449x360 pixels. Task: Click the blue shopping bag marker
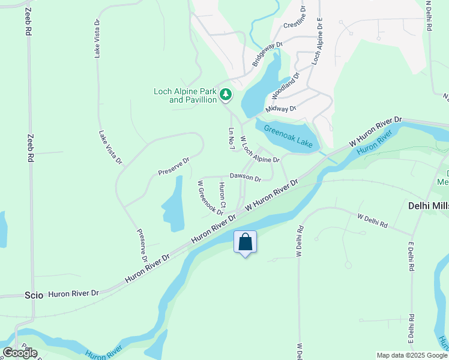coord(245,242)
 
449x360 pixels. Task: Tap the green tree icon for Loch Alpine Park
coord(226,94)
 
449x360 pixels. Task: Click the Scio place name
coord(34,295)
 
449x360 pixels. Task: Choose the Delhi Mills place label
coord(428,205)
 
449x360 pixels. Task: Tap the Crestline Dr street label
coord(295,25)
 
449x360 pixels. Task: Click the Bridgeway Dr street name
coord(267,53)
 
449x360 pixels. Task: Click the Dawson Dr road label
coord(245,178)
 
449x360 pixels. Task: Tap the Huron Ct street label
coord(223,196)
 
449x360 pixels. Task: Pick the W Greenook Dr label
coord(211,198)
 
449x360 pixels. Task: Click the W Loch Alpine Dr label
coord(260,150)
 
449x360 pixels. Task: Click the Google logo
coord(20,353)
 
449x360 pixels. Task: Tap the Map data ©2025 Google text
coord(411,355)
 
